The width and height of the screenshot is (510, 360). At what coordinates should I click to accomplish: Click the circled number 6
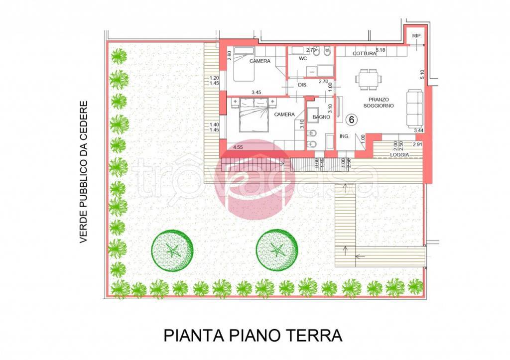[x=352, y=120]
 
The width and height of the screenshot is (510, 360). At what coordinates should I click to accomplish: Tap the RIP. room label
[x=416, y=36]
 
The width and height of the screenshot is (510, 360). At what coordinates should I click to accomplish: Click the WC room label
[x=303, y=59]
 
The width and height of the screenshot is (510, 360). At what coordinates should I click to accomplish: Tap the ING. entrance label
[x=344, y=136]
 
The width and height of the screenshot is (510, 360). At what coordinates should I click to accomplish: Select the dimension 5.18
[x=381, y=50]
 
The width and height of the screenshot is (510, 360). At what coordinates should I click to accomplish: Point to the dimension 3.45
[x=256, y=93]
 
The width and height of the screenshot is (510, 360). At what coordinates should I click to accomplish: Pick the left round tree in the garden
[x=172, y=250]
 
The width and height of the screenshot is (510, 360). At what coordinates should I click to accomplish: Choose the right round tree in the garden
[x=277, y=250]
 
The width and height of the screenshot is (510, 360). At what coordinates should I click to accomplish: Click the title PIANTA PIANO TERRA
[x=253, y=335]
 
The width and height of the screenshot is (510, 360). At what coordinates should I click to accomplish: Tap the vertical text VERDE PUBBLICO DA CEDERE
[x=83, y=172]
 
